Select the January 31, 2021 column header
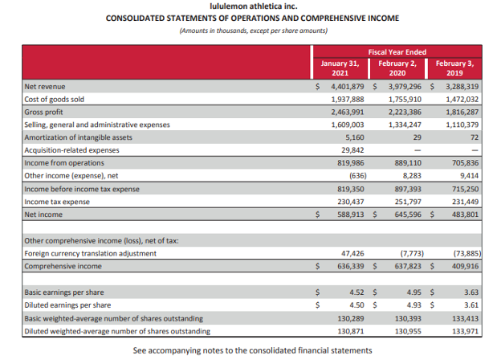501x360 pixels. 340,67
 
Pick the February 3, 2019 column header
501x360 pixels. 455,67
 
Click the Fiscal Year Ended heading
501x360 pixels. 397,52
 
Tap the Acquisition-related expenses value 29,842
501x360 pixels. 352,150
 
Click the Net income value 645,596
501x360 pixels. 408,215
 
